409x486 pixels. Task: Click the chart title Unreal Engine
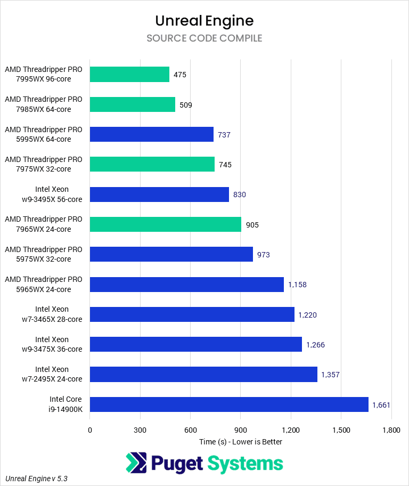pyautogui.click(x=204, y=21)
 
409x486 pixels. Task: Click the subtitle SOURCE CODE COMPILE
pyautogui.click(x=204, y=38)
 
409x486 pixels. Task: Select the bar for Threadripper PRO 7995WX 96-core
pyautogui.click(x=129, y=75)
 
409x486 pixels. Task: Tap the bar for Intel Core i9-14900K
pyautogui.click(x=229, y=404)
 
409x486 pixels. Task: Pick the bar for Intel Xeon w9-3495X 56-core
pyautogui.click(x=159, y=195)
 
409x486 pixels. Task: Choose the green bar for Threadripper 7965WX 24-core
pyautogui.click(x=165, y=224)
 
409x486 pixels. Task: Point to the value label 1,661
pyautogui.click(x=381, y=405)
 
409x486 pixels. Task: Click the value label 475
pyautogui.click(x=180, y=75)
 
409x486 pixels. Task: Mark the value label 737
pyautogui.click(x=224, y=135)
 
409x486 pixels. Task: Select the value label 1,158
pyautogui.click(x=297, y=285)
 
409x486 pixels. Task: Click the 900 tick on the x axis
pyautogui.click(x=241, y=430)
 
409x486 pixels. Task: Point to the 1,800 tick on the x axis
pyautogui.click(x=391, y=430)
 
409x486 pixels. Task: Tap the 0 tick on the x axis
pyautogui.click(x=90, y=430)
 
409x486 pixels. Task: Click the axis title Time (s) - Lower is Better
pyautogui.click(x=241, y=442)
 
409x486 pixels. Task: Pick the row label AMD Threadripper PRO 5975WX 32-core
pyautogui.click(x=44, y=254)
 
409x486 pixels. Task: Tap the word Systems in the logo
pyautogui.click(x=245, y=463)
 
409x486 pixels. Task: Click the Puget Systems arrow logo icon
pyautogui.click(x=136, y=463)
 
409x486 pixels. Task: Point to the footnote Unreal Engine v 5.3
pyautogui.click(x=37, y=479)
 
